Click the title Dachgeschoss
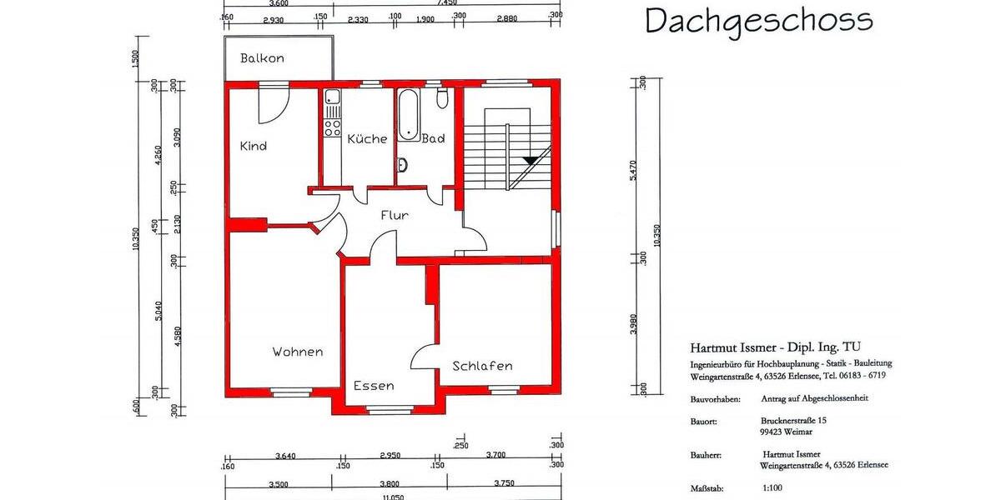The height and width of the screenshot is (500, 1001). (x=758, y=20)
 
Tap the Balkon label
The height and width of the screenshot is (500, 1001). (x=262, y=58)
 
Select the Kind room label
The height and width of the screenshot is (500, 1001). (x=253, y=146)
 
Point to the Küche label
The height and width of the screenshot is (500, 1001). (x=367, y=138)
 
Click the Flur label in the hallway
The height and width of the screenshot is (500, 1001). (x=395, y=215)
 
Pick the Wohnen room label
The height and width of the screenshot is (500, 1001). (x=297, y=352)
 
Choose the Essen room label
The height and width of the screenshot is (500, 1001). (x=373, y=386)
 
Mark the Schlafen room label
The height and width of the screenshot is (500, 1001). (x=482, y=366)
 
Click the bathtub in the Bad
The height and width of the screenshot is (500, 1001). (x=409, y=115)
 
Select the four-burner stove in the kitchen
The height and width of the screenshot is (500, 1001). (x=332, y=127)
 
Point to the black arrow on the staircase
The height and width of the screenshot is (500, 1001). (x=529, y=159)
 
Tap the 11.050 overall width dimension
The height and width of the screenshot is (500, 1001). (x=393, y=496)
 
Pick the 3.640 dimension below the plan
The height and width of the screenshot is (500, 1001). (x=285, y=455)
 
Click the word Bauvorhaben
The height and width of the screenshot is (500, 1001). (x=715, y=398)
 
